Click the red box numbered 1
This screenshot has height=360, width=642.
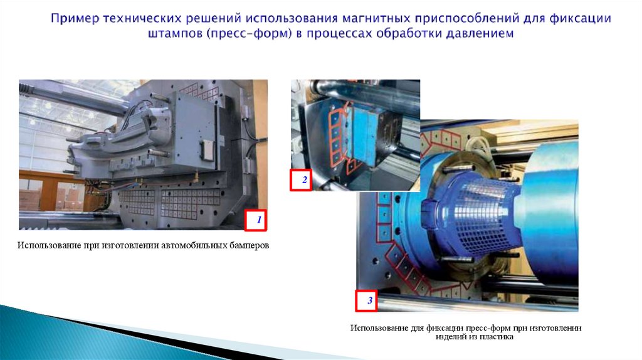coord(256,220)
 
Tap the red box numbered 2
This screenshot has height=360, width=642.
coord(301,180)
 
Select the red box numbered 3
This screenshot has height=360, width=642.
coord(366,300)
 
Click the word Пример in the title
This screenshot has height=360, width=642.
coord(75,19)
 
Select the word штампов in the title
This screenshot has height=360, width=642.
coord(176,34)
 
